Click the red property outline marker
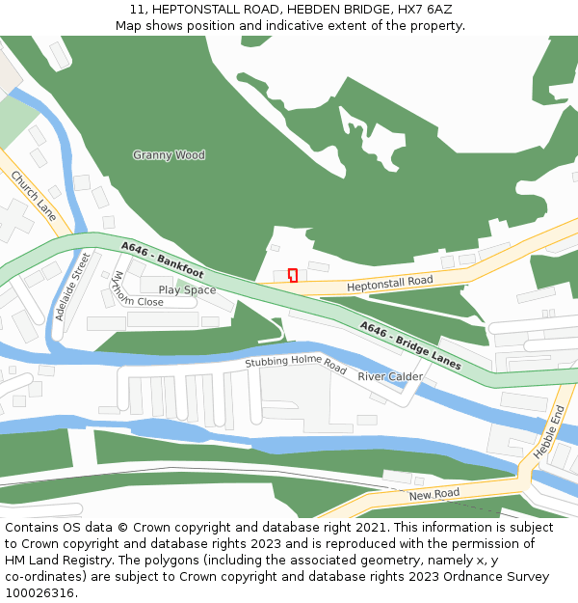click(x=293, y=275)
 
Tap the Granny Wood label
click(x=169, y=155)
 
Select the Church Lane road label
click(x=34, y=196)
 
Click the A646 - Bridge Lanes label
click(x=410, y=344)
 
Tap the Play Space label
click(x=187, y=289)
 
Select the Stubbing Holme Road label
click(x=295, y=365)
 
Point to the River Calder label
click(x=390, y=376)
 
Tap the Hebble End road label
click(x=548, y=430)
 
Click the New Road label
click(x=433, y=495)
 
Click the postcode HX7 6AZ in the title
click(x=422, y=10)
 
